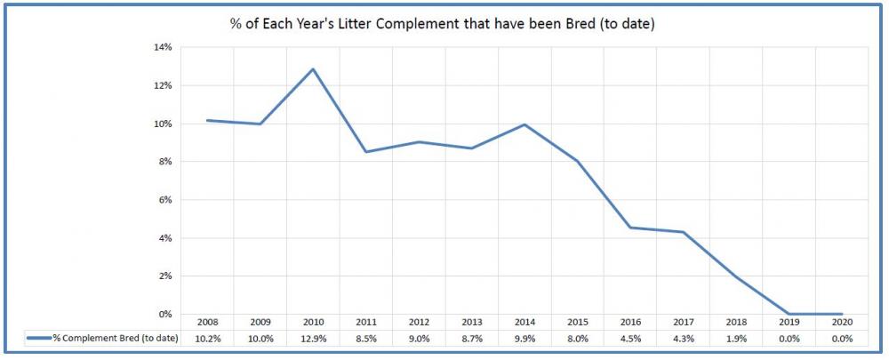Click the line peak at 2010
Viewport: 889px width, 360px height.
click(x=312, y=68)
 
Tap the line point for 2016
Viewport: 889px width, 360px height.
click(x=629, y=228)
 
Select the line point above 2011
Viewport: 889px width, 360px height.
click(x=365, y=152)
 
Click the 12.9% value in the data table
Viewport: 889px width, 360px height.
click(x=312, y=338)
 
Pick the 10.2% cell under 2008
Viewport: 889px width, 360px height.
click(x=207, y=338)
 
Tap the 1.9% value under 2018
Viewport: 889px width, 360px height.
click(x=735, y=338)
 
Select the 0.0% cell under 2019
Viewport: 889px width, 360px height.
click(x=788, y=338)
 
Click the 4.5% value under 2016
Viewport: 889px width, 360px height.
click(x=629, y=338)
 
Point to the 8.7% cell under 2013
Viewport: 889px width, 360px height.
click(x=471, y=338)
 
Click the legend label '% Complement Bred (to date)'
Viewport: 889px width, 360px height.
click(x=115, y=338)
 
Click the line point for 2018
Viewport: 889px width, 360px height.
click(x=735, y=277)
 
